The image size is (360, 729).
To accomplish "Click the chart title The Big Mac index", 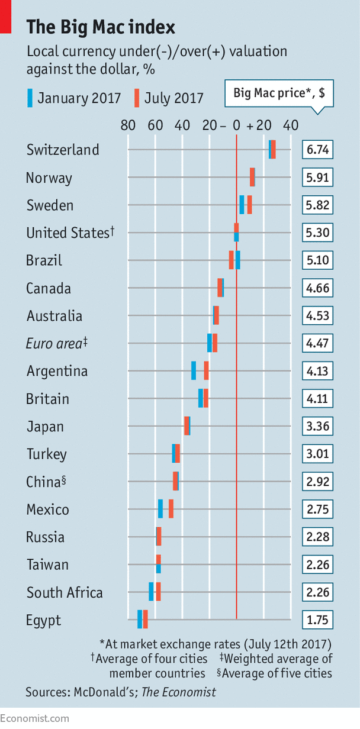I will click(101, 27).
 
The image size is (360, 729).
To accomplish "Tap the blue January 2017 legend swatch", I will click(31, 98).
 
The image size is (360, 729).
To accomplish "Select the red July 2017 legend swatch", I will click(137, 98).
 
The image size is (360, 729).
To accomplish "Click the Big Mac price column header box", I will click(279, 93).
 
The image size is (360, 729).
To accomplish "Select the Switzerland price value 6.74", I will click(317, 150).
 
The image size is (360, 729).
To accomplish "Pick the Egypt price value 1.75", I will click(317, 620).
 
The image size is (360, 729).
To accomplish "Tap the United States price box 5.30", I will click(317, 233).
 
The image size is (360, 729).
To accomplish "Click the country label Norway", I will click(49, 178).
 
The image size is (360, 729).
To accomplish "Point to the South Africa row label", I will click(65, 592).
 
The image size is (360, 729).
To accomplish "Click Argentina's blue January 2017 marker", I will click(194, 371).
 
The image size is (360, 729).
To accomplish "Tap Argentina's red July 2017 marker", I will click(206, 371).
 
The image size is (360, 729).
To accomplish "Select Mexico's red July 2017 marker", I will click(171, 509).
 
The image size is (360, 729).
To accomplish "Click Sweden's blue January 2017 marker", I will click(242, 205).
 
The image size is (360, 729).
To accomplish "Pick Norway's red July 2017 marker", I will click(252, 178).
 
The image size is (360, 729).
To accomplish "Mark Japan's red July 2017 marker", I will click(187, 426).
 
